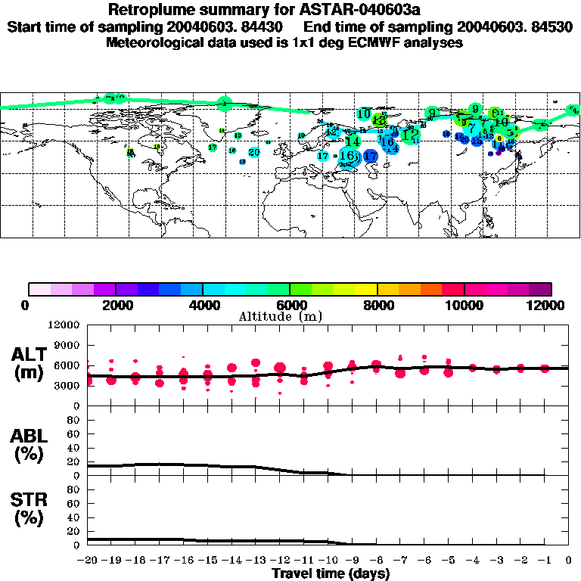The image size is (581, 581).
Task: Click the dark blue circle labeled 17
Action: [x=371, y=157]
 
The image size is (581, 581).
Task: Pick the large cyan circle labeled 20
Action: [x=254, y=152]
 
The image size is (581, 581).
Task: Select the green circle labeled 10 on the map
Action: [x=363, y=114]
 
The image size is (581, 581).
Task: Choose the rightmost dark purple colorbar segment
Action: [x=540, y=289]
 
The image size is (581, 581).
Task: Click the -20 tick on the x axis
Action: [x=88, y=561]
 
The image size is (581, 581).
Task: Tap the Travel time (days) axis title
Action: [x=331, y=573]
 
